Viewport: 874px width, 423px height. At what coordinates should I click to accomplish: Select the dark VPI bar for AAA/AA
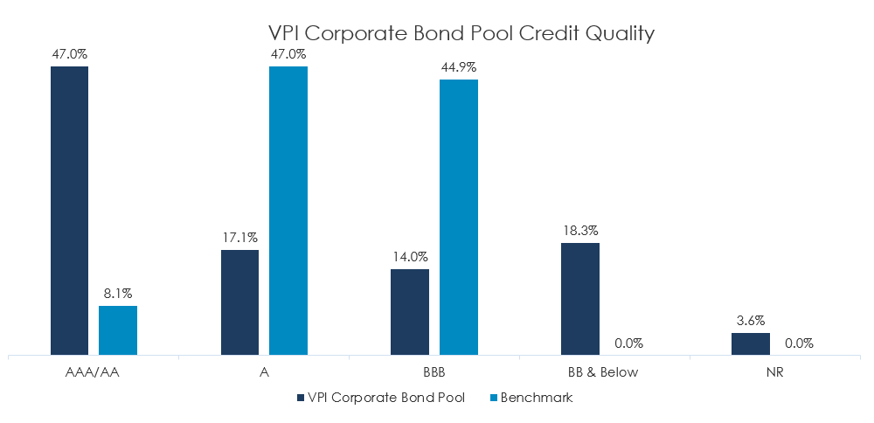click(x=69, y=210)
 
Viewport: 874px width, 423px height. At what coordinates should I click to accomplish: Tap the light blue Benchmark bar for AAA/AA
click(x=118, y=330)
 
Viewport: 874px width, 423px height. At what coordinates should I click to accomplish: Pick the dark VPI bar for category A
click(x=239, y=302)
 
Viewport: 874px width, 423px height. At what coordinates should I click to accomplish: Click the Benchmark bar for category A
click(x=288, y=210)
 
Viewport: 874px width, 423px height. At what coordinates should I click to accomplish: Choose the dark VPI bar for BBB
click(x=410, y=312)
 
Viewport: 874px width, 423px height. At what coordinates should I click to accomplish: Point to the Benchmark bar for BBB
click(x=459, y=217)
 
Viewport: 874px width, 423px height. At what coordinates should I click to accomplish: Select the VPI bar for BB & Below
click(x=580, y=299)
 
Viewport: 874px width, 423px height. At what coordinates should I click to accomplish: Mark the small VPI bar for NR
click(x=751, y=344)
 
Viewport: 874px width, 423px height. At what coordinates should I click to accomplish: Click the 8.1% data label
click(x=118, y=294)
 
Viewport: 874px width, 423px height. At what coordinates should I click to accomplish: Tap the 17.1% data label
click(x=239, y=238)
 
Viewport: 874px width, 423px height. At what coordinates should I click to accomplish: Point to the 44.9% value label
click(x=459, y=67)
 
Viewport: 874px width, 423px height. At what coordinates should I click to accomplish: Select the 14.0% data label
click(x=410, y=257)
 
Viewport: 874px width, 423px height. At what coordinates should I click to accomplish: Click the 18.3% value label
click(x=580, y=231)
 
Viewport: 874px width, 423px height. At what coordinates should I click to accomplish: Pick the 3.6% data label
click(x=751, y=320)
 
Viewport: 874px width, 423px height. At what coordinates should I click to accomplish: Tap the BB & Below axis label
click(x=604, y=372)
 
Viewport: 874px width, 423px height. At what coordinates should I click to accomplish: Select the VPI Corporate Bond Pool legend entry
click(x=380, y=398)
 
